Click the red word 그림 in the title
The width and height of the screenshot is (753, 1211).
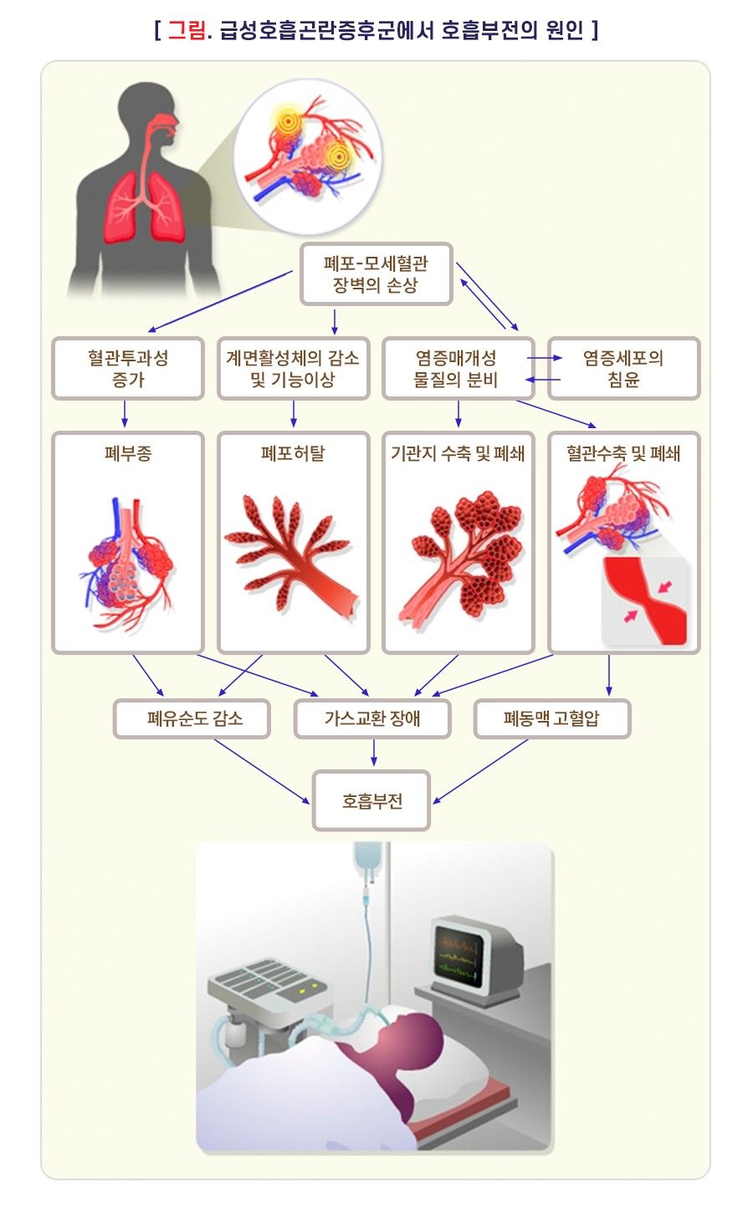[186, 30]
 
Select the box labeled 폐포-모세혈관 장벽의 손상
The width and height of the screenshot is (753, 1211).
[376, 274]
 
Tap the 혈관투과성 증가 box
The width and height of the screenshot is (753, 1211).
[128, 368]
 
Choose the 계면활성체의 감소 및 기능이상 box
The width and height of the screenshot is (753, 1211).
[293, 368]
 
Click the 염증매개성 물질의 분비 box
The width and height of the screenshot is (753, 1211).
[458, 368]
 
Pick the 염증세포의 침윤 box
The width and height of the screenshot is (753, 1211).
[623, 368]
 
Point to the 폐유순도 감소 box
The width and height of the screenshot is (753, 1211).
[192, 718]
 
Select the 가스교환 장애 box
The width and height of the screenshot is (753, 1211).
[372, 718]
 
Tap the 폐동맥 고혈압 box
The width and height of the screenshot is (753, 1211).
[552, 718]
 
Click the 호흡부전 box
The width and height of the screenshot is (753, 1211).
[371, 800]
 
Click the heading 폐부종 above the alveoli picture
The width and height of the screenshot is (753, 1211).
[128, 453]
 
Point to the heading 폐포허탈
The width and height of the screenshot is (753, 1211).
[293, 453]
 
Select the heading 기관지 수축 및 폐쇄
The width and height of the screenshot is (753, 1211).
[458, 453]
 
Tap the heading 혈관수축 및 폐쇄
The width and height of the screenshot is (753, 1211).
[623, 453]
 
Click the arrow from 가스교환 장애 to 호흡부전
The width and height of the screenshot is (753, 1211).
[374, 753]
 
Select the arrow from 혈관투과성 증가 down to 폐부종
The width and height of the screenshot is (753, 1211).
[125, 414]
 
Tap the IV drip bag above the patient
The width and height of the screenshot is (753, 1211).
[368, 859]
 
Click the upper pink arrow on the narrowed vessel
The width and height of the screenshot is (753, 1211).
[665, 586]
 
